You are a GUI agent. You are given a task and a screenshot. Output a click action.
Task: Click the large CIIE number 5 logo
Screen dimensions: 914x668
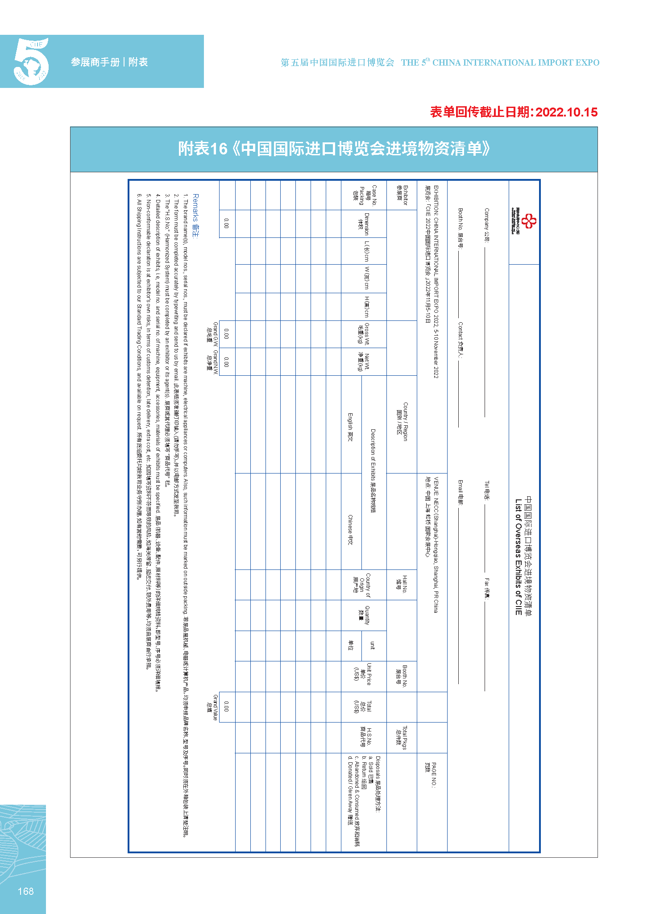pos(31,62)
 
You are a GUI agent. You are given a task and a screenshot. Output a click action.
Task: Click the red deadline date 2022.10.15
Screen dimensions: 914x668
pos(566,112)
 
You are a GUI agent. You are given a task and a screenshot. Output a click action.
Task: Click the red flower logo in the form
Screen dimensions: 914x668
pos(529,221)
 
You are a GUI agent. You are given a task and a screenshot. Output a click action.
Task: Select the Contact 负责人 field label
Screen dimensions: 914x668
pos(461,340)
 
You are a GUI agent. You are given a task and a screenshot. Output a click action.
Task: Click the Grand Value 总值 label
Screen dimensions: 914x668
pos(212,707)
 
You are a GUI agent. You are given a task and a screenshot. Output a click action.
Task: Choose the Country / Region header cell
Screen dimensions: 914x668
pos(402,421)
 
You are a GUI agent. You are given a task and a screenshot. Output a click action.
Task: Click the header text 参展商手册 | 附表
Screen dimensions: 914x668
pos(109,62)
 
